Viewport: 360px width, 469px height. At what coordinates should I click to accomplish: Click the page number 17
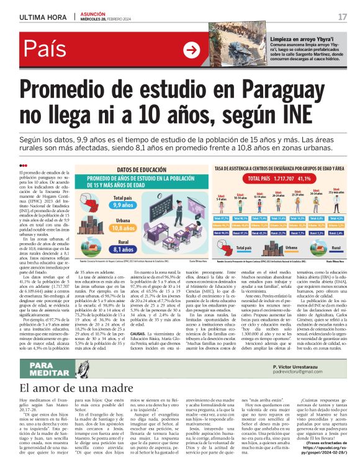342,16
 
